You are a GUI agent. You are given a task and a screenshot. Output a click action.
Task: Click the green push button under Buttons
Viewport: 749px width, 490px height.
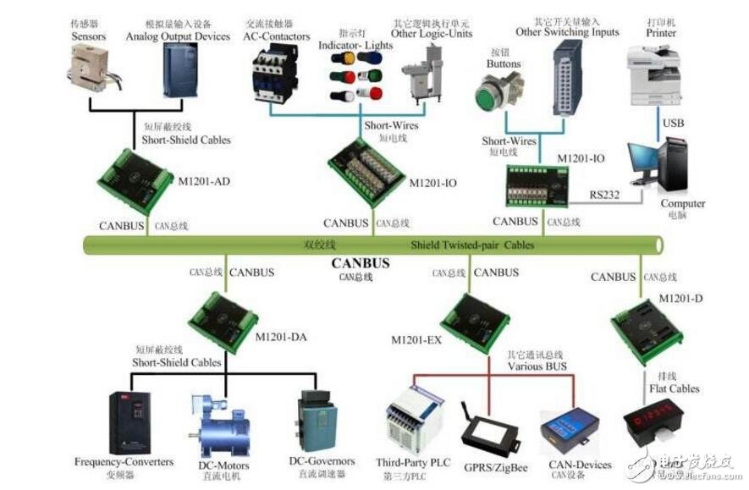pyautogui.click(x=496, y=94)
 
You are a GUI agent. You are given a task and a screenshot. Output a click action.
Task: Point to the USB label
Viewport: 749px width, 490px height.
pyautogui.click(x=674, y=124)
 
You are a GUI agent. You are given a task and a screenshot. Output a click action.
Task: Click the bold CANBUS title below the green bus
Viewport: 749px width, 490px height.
pyautogui.click(x=361, y=263)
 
